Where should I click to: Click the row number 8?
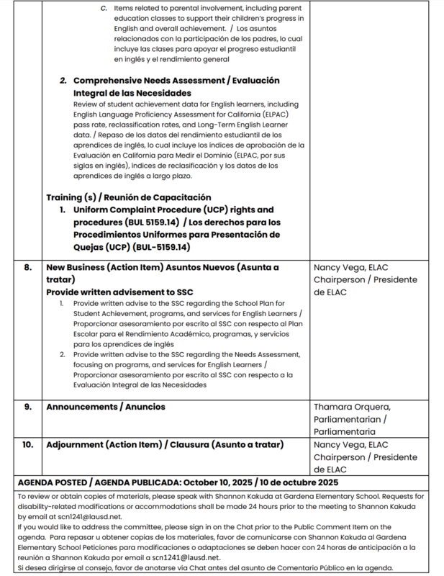click(x=27, y=267)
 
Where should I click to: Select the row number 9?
click(x=27, y=407)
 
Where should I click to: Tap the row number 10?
click(x=27, y=445)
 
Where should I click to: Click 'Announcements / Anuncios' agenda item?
click(x=106, y=407)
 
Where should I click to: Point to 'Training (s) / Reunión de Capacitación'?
click(x=128, y=197)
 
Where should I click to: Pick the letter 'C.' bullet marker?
click(x=104, y=7)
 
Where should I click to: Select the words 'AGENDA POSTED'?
click(x=53, y=482)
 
